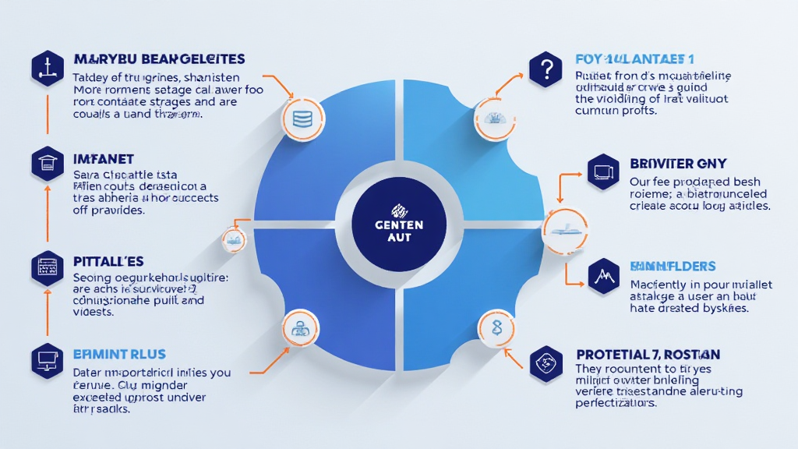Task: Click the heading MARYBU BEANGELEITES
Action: click(159, 59)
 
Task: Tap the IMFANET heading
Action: click(105, 159)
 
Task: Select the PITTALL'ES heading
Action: click(108, 261)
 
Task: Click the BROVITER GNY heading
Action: click(678, 164)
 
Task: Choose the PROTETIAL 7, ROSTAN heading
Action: click(648, 354)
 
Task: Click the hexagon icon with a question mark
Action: click(545, 69)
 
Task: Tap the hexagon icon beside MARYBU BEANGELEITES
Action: click(48, 68)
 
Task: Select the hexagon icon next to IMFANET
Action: click(48, 164)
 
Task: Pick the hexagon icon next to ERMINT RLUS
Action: click(48, 360)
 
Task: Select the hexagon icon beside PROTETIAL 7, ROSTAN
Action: click(546, 361)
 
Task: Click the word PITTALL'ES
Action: click(108, 261)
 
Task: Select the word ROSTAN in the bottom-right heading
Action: click(692, 354)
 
